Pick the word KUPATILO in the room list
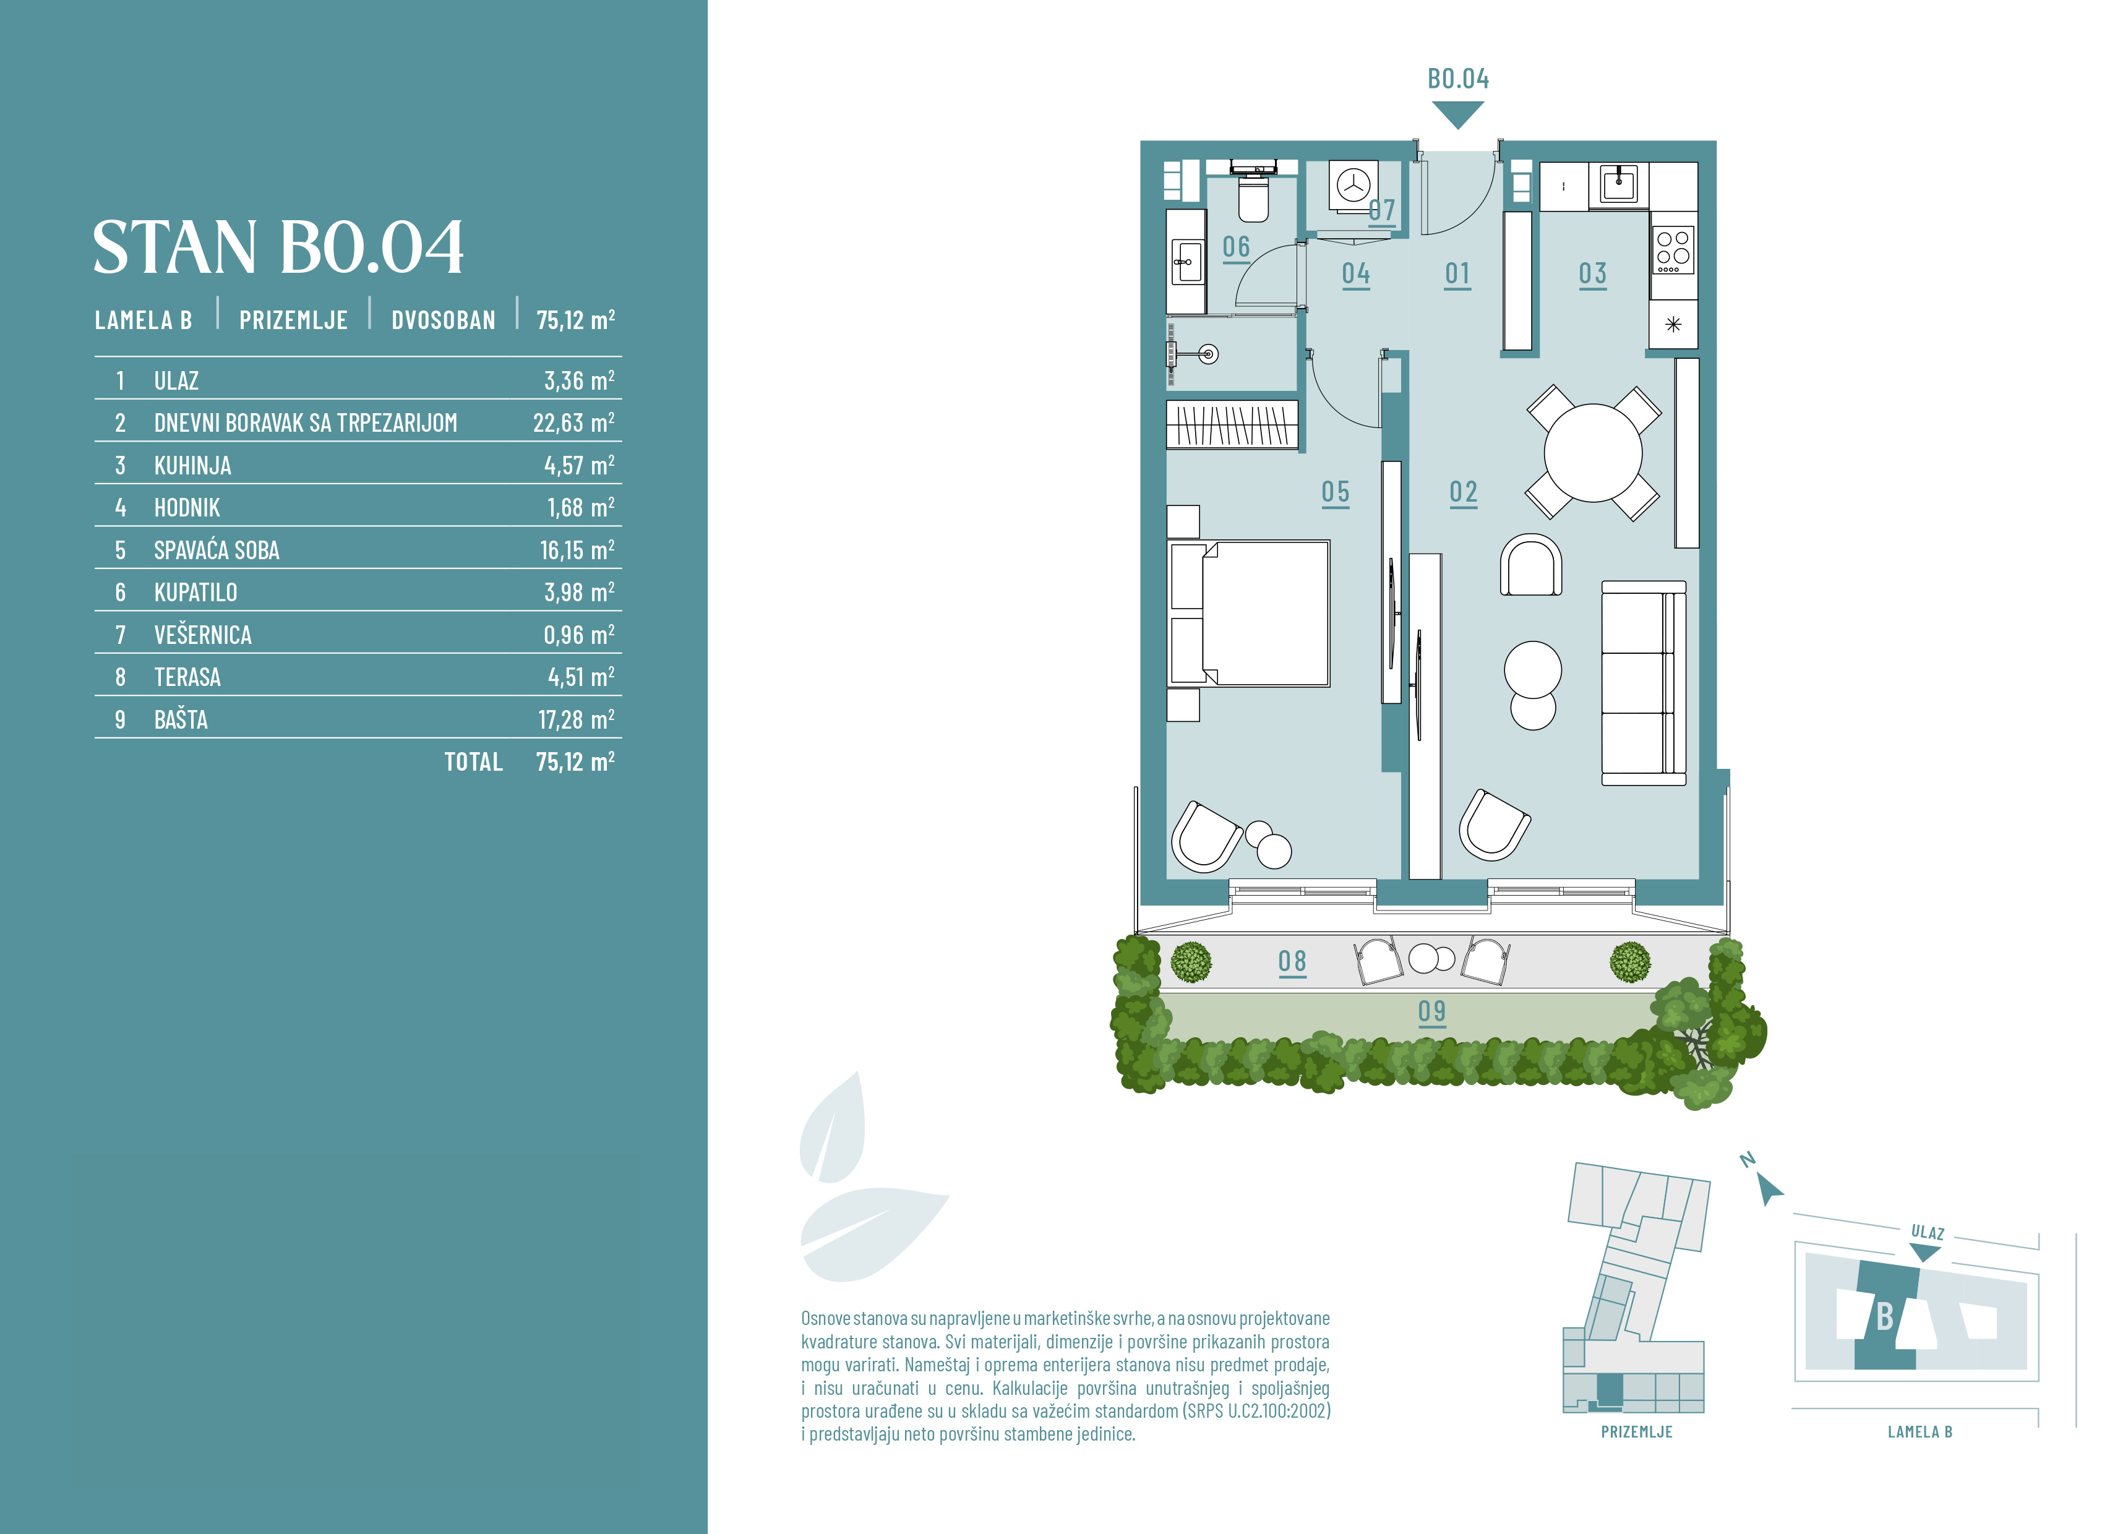click(196, 593)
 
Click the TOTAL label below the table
click(473, 762)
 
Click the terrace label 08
click(1292, 961)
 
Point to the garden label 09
click(1431, 1011)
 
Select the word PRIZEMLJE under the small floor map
click(1637, 1432)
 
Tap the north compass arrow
click(1770, 1191)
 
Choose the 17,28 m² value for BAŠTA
click(577, 719)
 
